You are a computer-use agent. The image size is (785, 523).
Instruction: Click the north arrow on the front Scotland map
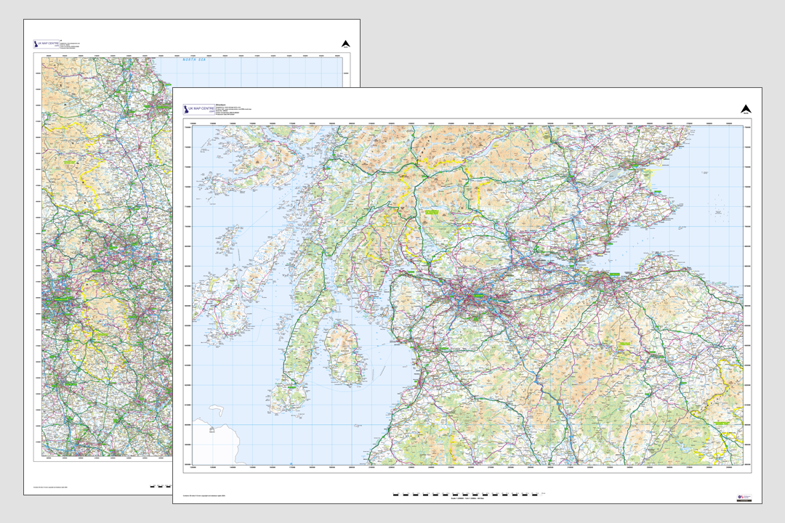click(746, 110)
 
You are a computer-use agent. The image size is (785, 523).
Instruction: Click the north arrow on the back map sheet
click(346, 43)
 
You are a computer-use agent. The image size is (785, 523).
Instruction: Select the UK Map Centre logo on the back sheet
click(47, 44)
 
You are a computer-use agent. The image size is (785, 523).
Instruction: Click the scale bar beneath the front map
click(465, 495)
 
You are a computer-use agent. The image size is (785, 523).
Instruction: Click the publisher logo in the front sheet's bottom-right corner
click(744, 496)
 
